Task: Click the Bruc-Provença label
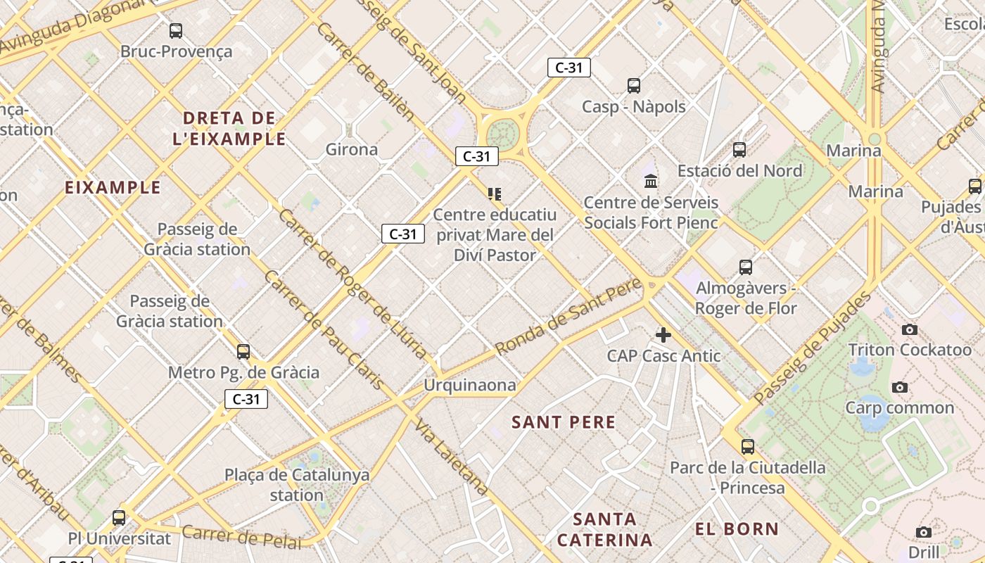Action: coord(176,51)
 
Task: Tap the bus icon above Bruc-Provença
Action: coord(176,31)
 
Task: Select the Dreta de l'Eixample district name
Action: coord(229,128)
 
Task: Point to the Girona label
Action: coord(352,149)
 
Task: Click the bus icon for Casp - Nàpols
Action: coord(634,86)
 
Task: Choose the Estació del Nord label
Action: coord(739,170)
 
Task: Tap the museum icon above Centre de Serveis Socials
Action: coord(651,182)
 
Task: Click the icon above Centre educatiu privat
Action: coord(495,194)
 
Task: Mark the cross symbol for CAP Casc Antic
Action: coord(663,335)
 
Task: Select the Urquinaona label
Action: coord(469,385)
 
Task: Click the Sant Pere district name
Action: coord(564,422)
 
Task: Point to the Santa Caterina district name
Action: coord(604,530)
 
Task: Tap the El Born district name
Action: coord(737,529)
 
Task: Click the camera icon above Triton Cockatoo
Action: coord(910,329)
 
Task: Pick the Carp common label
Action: coord(899,407)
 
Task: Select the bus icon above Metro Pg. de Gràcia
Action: coord(243,351)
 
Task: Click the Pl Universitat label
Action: coord(120,539)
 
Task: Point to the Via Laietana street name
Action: coord(452,457)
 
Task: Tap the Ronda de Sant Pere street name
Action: coord(568,317)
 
